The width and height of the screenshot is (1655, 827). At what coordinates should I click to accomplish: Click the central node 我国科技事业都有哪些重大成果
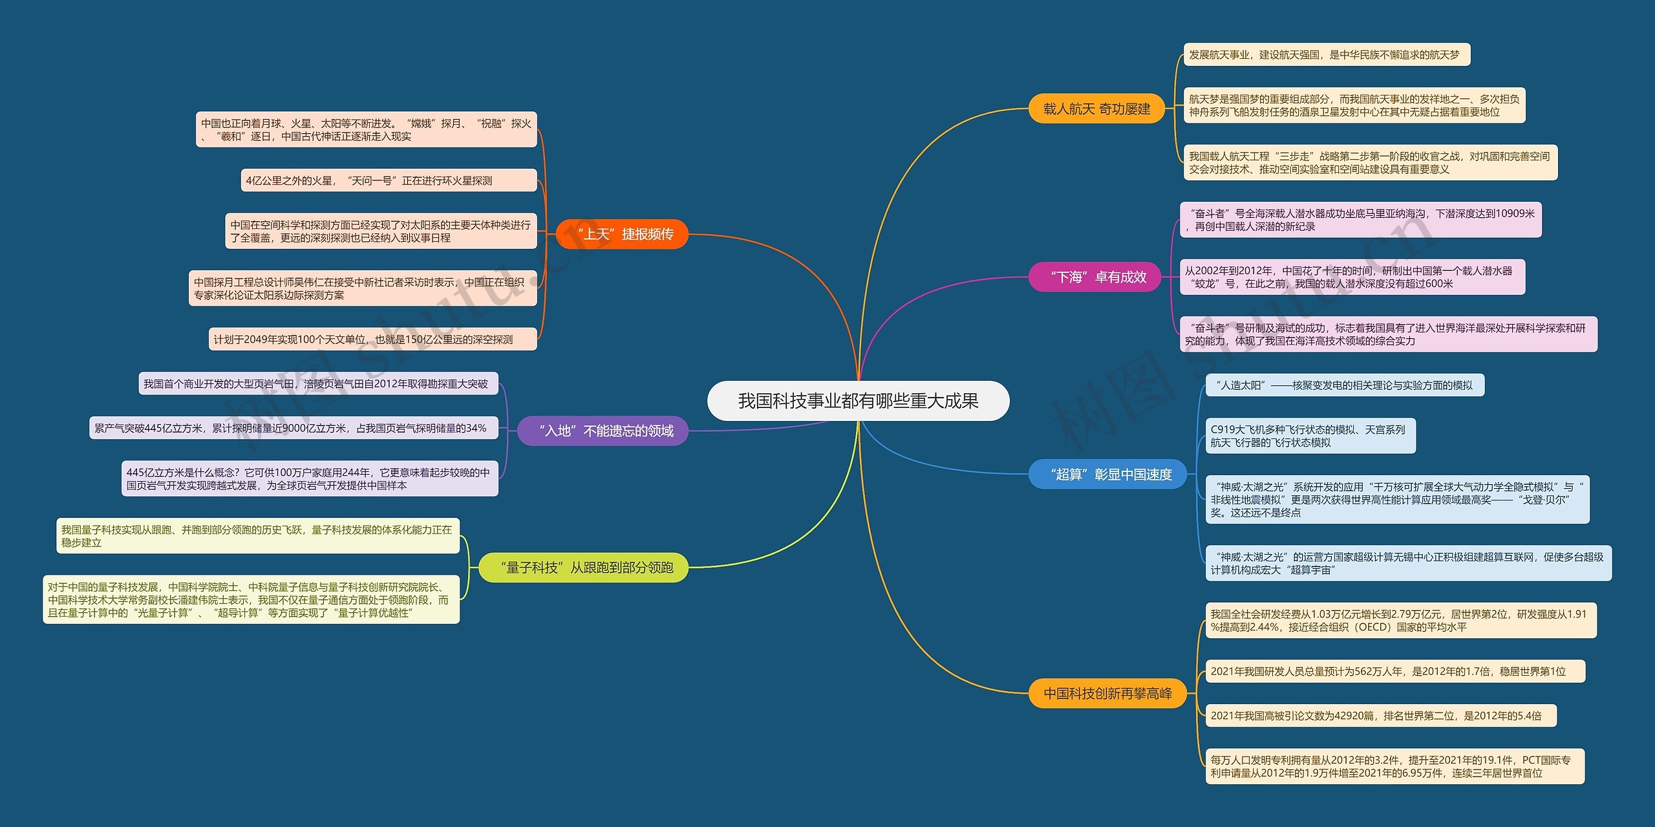coord(858,401)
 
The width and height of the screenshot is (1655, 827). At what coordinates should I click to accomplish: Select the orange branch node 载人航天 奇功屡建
coord(1096,109)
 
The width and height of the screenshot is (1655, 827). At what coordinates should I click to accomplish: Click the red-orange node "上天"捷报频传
coord(622,234)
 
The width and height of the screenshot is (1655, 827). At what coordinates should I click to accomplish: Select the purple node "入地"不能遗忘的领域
coord(603,431)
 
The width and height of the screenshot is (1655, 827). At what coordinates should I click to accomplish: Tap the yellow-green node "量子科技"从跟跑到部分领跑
coord(583,568)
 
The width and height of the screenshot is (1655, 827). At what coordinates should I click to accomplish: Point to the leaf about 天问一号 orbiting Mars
coord(389,180)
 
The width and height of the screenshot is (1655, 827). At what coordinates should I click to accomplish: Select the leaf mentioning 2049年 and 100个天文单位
coord(373,339)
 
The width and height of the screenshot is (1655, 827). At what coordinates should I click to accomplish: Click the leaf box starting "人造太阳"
coord(1345,385)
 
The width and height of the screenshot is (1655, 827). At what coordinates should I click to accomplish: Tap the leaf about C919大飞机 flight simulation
coord(1311,436)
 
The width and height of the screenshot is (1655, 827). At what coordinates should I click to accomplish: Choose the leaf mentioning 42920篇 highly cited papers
coord(1381,716)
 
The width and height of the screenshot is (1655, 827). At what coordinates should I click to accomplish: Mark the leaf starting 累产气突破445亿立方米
coord(294,428)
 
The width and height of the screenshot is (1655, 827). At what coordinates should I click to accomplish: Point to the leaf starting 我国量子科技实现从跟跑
coord(258,536)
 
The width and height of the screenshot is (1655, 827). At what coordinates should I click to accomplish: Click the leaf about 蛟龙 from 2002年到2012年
coord(1352,277)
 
